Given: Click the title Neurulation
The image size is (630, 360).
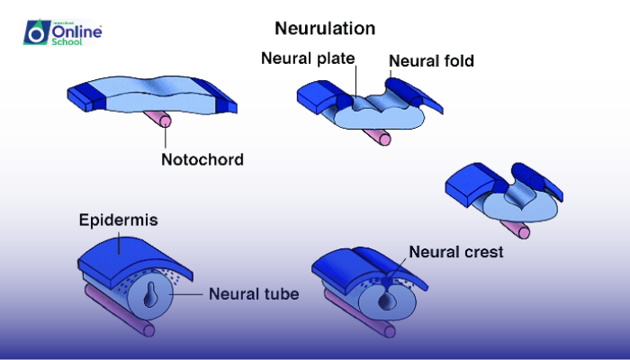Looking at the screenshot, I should pos(325,28).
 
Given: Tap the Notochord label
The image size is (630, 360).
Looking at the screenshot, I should pos(202,160).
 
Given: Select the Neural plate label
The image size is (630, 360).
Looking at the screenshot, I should pos(309,59).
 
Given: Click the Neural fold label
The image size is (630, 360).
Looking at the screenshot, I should pos(431,61).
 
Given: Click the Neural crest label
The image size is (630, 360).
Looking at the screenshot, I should pos(455,252).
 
